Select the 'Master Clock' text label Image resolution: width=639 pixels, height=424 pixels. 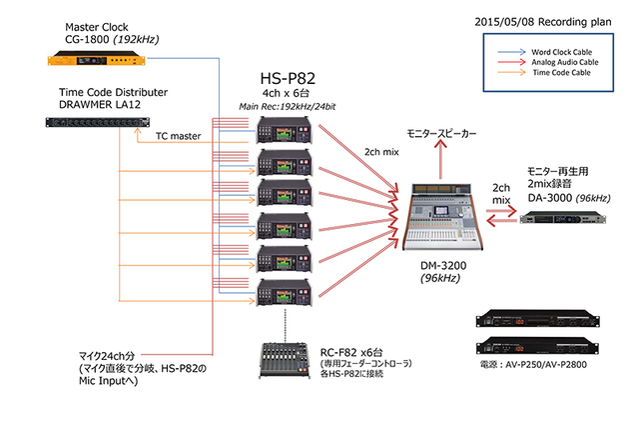(93, 27)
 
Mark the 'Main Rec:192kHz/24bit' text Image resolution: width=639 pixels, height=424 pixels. (284, 105)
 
